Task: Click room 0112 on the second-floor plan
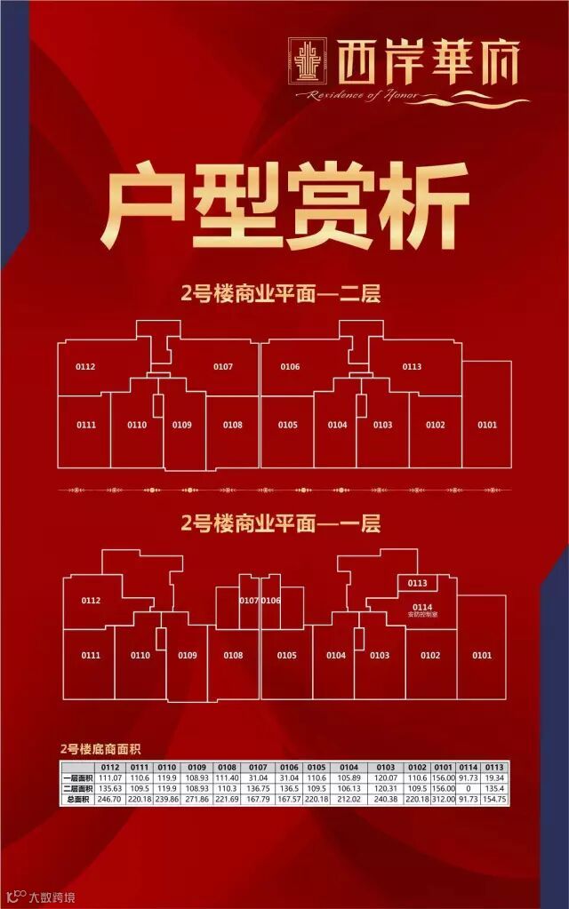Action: pyautogui.click(x=85, y=367)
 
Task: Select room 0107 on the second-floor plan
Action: pyautogui.click(x=222, y=367)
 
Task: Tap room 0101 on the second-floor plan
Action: pyautogui.click(x=486, y=426)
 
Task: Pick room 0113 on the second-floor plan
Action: pyautogui.click(x=412, y=367)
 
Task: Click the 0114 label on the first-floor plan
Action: pyautogui.click(x=421, y=608)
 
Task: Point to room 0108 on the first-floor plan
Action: pyautogui.click(x=233, y=656)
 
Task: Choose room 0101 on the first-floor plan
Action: pyautogui.click(x=482, y=656)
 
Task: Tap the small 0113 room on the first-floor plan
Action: pyautogui.click(x=418, y=584)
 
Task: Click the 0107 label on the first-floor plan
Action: pyautogui.click(x=249, y=601)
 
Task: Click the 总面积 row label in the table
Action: pyautogui.click(x=77, y=800)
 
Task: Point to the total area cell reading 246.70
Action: pyautogui.click(x=110, y=800)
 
